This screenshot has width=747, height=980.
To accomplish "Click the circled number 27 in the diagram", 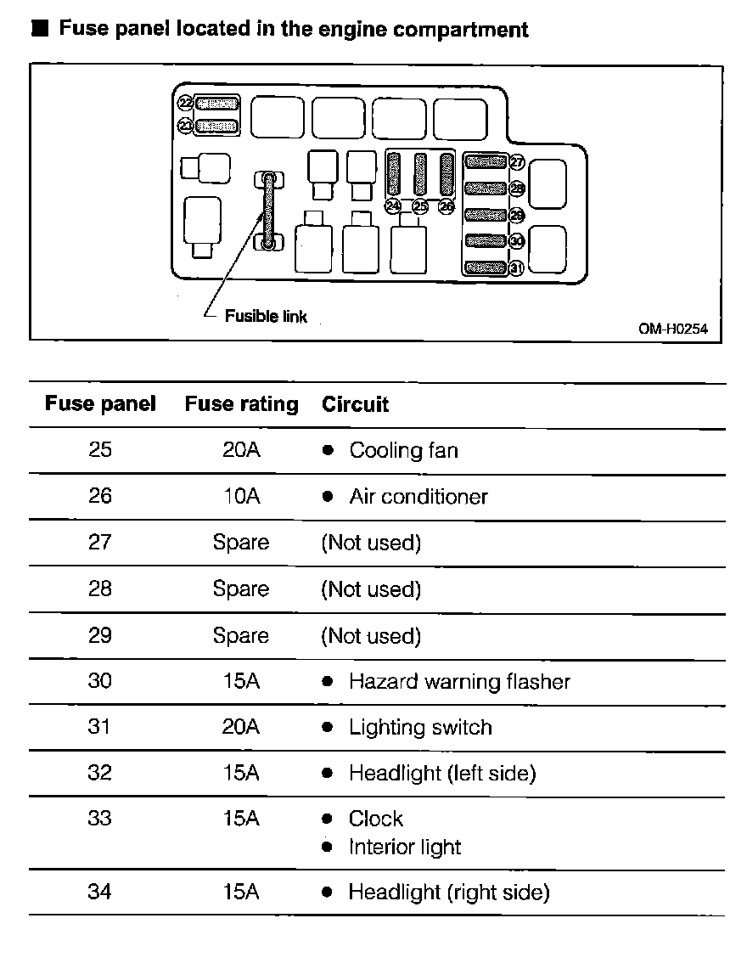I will [x=516, y=162].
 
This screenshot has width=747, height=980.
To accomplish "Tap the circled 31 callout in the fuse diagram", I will [x=515, y=268].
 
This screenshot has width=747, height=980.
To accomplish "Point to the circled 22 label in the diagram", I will [x=186, y=103].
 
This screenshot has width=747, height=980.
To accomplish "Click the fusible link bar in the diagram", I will [x=268, y=211].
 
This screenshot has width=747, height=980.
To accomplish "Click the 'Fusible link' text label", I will [x=266, y=317].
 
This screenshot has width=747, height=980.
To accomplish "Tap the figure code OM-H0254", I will [x=673, y=328].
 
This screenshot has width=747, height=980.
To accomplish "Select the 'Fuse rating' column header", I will [x=242, y=404].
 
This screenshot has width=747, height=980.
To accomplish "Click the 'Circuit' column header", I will [x=355, y=404].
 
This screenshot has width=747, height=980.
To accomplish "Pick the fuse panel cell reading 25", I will [x=100, y=449].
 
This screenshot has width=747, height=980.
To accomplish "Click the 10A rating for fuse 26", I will [x=241, y=496].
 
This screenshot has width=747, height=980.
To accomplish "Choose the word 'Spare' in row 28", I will [x=241, y=589].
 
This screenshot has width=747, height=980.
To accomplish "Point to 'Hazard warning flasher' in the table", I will [x=459, y=681].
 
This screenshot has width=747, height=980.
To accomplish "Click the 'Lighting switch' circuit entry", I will [x=420, y=727].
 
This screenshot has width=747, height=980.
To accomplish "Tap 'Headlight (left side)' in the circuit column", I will [x=442, y=773].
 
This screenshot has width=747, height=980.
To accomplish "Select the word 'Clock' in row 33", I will [x=376, y=819].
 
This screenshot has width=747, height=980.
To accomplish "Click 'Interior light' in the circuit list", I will [x=405, y=847].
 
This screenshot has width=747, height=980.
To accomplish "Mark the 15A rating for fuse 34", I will [x=241, y=892].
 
